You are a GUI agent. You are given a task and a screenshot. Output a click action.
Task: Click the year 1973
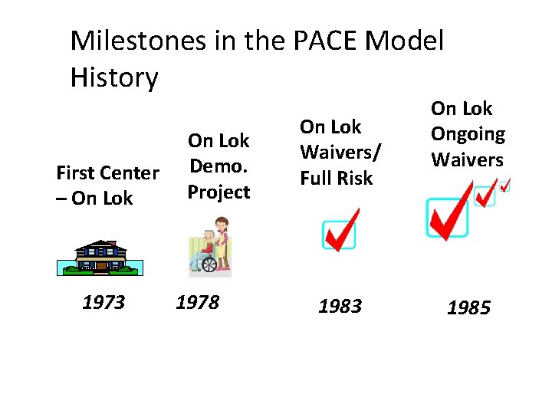(103, 303)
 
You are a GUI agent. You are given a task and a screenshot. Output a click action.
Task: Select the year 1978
(197, 303)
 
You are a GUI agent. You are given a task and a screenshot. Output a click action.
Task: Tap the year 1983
(340, 307)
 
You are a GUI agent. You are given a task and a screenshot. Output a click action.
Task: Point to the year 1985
(468, 308)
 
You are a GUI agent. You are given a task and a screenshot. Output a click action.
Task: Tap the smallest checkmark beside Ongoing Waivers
(503, 184)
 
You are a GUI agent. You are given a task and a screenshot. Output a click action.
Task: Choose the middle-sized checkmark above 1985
(485, 195)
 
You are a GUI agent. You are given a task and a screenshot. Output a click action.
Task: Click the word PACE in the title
(315, 41)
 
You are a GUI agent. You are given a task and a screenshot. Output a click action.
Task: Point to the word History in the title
(113, 77)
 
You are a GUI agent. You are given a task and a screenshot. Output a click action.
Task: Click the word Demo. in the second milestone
(219, 166)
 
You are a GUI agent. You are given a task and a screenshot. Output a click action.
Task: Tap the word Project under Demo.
(219, 192)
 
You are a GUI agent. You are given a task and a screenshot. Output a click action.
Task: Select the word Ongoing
(468, 134)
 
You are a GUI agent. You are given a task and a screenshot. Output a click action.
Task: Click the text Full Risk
(336, 178)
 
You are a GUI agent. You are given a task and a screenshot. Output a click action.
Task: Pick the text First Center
(107, 172)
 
